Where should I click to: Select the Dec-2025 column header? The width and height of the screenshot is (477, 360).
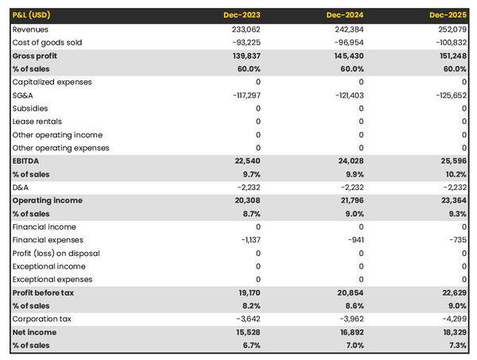point(448,15)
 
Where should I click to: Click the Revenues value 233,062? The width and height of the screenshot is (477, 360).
point(244,29)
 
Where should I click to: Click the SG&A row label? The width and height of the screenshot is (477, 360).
point(23,95)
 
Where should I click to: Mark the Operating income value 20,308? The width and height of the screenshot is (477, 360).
point(246,200)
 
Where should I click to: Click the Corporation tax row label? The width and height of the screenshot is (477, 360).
point(42,319)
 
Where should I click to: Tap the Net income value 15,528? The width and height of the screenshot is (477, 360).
point(246,332)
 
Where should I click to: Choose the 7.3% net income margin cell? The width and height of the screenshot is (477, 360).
point(456,346)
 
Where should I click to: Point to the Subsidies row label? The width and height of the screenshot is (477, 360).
point(30,108)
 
